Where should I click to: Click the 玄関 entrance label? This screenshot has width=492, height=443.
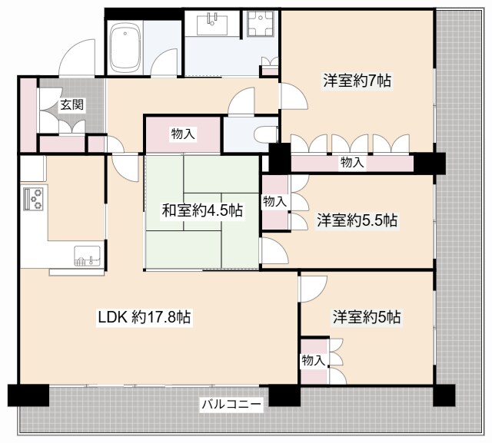pos(68,104)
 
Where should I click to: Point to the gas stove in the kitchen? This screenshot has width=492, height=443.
pos(34,199)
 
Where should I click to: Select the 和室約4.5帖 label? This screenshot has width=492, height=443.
pos(201,210)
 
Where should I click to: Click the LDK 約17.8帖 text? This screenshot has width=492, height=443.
pos(144,316)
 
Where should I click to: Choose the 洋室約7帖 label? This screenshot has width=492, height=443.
pos(358,79)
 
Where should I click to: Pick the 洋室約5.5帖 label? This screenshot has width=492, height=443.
pos(357,220)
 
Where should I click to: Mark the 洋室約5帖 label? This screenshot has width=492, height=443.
pos(367,316)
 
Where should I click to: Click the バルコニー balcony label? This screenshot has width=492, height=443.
pos(233,402)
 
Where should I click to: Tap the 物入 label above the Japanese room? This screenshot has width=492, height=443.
pos(183,134)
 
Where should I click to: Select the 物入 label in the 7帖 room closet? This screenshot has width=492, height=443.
pos(352,163)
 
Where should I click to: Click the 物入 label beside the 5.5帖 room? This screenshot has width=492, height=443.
pos(274,202)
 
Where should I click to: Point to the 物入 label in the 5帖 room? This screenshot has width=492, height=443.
pos(313,360)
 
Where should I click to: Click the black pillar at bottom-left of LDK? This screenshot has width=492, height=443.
pos(23,395)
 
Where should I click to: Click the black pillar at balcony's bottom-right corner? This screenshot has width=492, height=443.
pos(444,394)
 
